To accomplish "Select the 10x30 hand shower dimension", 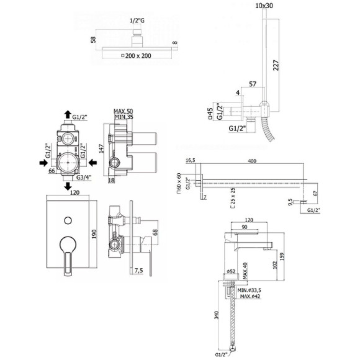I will (264, 6).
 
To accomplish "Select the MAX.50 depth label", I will (125, 112).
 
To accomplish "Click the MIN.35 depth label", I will (125, 118).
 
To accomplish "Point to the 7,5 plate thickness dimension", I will (139, 271).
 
